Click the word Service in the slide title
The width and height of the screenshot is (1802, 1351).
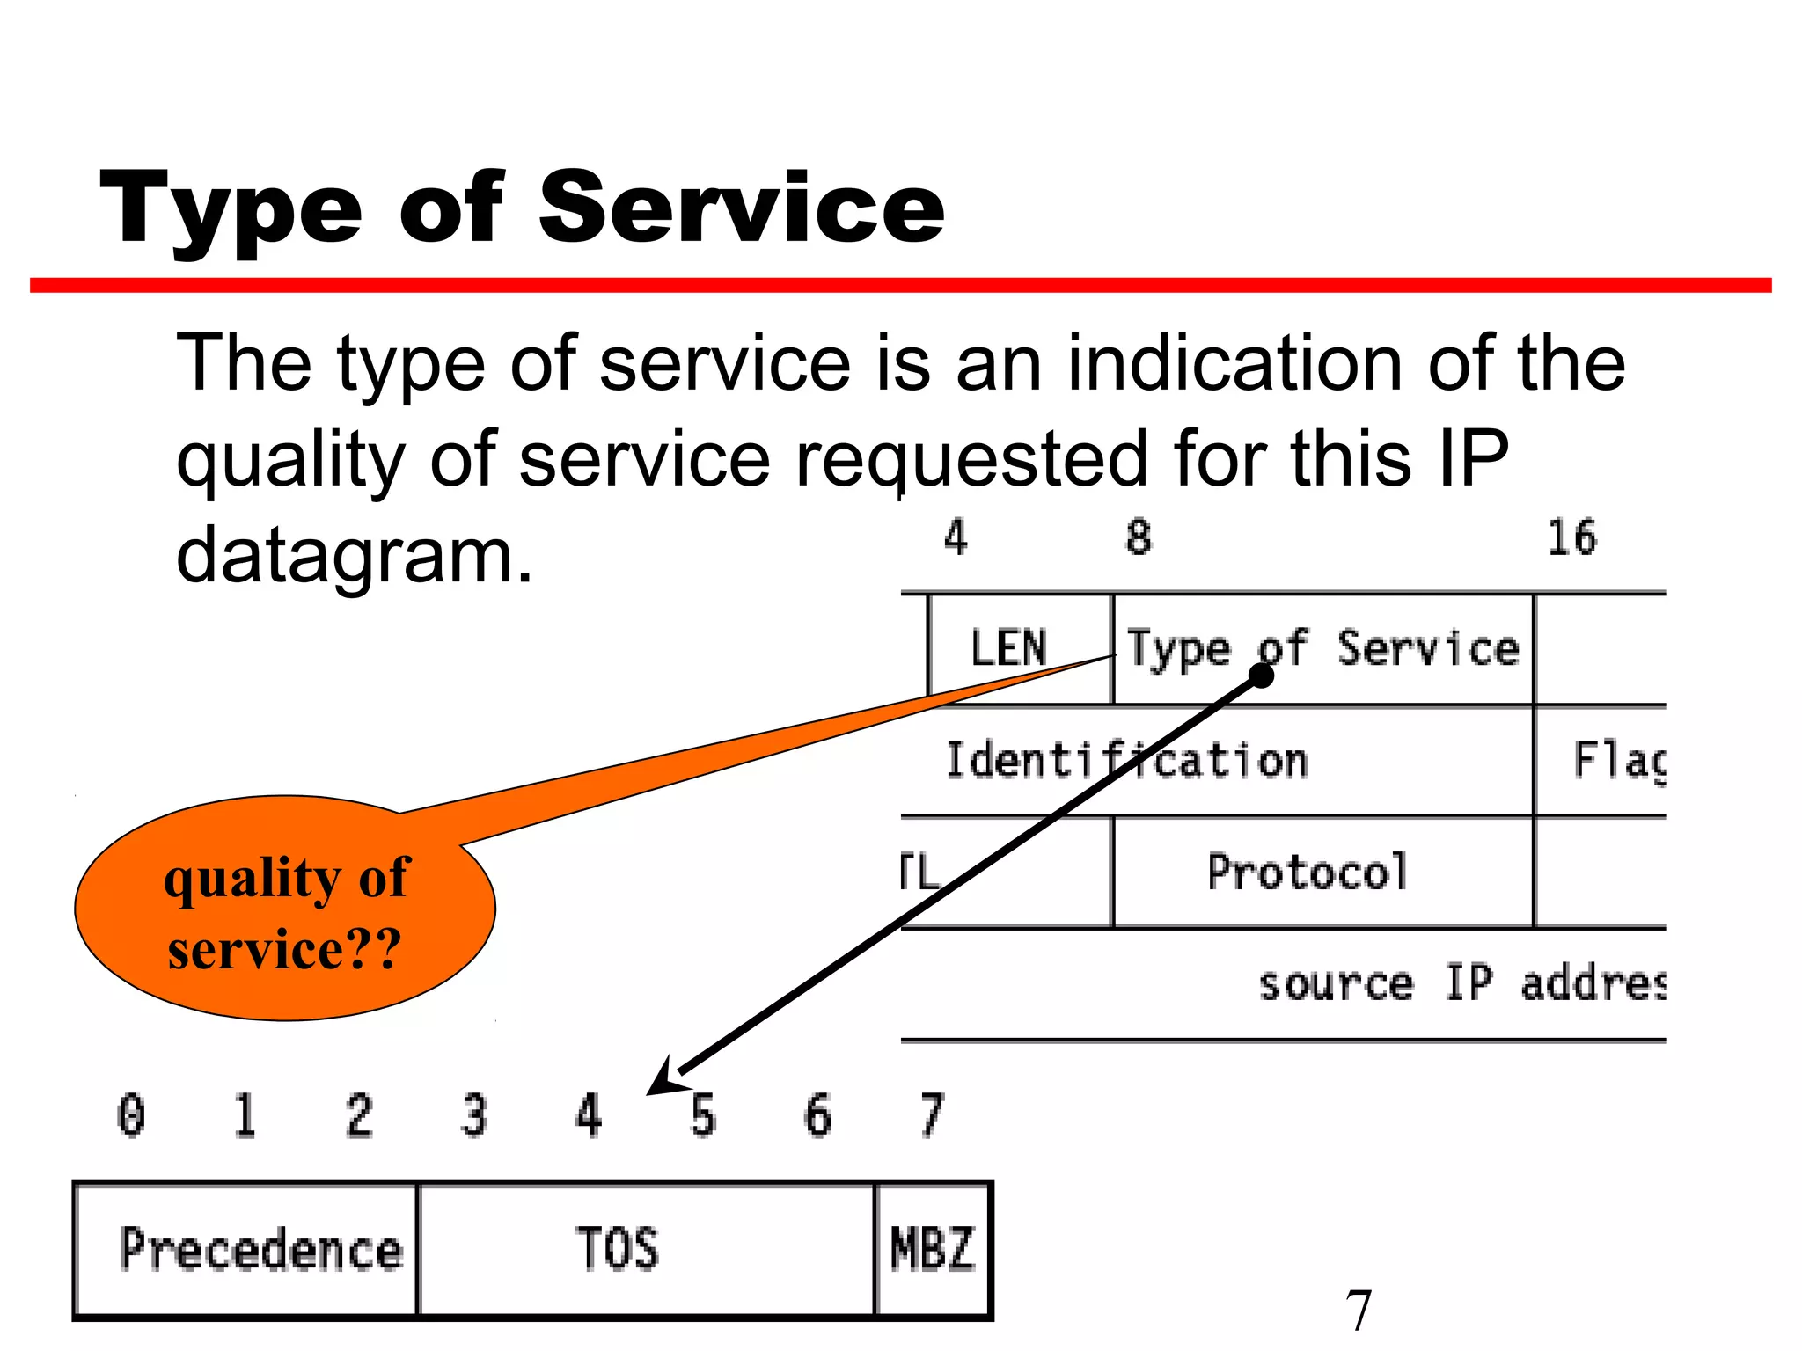click(x=741, y=208)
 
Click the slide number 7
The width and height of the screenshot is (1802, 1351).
click(x=1358, y=1311)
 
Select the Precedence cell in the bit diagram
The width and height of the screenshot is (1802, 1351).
click(x=260, y=1249)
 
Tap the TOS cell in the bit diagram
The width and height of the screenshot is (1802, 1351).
click(x=618, y=1249)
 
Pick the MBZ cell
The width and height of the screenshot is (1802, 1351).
click(x=933, y=1249)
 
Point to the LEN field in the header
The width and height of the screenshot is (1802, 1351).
click(x=1008, y=649)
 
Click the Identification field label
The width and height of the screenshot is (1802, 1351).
click(x=1126, y=761)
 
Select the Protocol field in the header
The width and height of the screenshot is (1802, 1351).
click(x=1308, y=873)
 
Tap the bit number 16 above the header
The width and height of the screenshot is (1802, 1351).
click(x=1571, y=538)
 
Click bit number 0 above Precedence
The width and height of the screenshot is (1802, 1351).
click(x=132, y=1115)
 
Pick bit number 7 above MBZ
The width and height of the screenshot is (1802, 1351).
click(x=932, y=1115)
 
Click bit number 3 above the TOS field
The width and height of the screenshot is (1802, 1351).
click(x=474, y=1115)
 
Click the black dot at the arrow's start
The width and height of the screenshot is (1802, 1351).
click(x=1262, y=675)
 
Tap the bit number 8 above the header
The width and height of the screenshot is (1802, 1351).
click(x=1139, y=538)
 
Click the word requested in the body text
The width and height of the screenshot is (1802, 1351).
click(x=971, y=459)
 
